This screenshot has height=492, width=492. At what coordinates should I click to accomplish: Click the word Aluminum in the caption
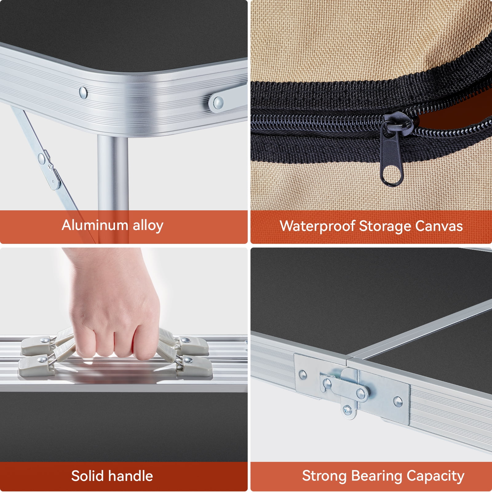pos(95,225)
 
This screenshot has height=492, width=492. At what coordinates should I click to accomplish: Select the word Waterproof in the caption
pos(317,226)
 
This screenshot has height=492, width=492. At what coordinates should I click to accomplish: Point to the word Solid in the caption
pos(87,476)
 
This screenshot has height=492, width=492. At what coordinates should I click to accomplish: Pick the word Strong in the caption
pos(324,476)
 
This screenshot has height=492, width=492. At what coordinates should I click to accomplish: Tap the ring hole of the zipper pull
pos(391,175)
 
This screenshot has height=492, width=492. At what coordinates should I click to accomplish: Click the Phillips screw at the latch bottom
pos(347,409)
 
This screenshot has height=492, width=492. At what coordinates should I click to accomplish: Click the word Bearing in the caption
pos(376,476)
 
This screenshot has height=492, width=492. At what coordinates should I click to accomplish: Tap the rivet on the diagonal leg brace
pos(41,158)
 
